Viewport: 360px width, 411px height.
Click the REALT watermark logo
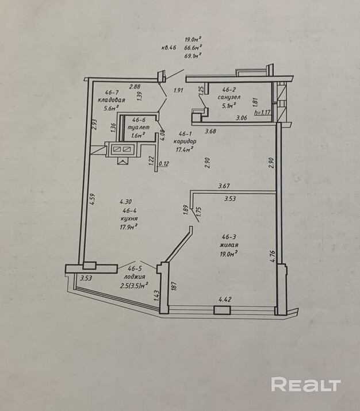pyautogui.click(x=306, y=385)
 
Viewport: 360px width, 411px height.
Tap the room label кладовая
pyautogui.click(x=111, y=99)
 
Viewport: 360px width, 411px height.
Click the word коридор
pyautogui.click(x=185, y=141)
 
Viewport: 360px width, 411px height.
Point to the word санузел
pyautogui.click(x=229, y=97)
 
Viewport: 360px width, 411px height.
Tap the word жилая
pyautogui.click(x=228, y=244)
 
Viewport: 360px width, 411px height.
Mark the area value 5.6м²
pyautogui.click(x=111, y=107)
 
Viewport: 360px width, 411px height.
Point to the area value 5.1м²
pyautogui.click(x=229, y=105)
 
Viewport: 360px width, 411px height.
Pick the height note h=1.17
pyautogui.click(x=262, y=113)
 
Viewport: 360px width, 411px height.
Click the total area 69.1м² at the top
pyautogui.click(x=192, y=56)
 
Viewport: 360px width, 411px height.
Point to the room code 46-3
pyautogui.click(x=228, y=236)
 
